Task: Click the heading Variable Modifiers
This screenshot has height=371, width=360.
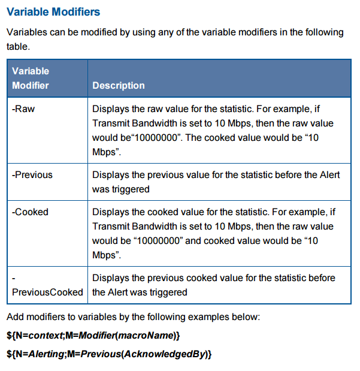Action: point(53,12)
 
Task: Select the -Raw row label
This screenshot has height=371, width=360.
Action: point(23,109)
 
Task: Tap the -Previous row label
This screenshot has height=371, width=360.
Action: point(32,175)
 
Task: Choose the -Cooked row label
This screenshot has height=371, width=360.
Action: point(30,212)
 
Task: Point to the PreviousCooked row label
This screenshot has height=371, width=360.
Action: point(47,292)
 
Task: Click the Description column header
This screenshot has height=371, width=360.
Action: point(119,86)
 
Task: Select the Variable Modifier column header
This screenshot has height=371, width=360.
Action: point(31,78)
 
